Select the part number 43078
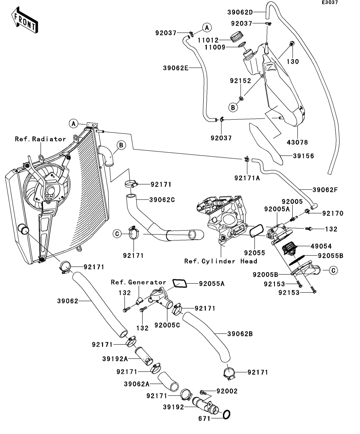pos(298,142)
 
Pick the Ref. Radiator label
pos(41,139)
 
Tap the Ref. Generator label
pos(138,282)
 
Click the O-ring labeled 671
pos(227,415)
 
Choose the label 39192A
pos(115,359)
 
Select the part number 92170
pos(332,213)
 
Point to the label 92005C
pos(167,325)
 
